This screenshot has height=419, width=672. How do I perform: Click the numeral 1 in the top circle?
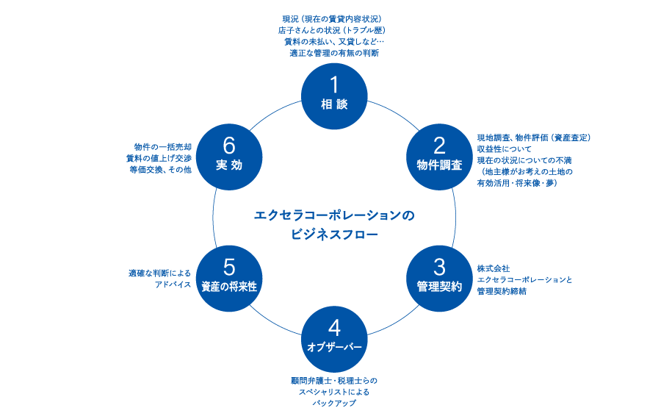tap(334, 86)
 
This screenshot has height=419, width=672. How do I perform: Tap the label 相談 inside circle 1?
tap(334, 105)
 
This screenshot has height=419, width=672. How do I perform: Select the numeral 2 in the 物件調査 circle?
tap(439, 146)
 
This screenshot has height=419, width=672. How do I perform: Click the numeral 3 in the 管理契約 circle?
tap(439, 267)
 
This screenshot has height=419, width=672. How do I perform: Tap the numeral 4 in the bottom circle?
tap(334, 328)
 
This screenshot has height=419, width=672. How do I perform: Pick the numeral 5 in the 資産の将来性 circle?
tap(229, 267)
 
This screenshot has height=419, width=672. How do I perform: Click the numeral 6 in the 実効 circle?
tap(229, 146)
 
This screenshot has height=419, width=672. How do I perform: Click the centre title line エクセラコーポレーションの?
tap(334, 215)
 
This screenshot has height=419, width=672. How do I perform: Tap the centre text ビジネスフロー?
tap(334, 234)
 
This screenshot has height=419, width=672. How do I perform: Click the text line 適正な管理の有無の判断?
tap(334, 53)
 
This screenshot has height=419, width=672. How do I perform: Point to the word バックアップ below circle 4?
tap(334, 404)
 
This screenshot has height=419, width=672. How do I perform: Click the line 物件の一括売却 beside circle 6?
tap(162, 146)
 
